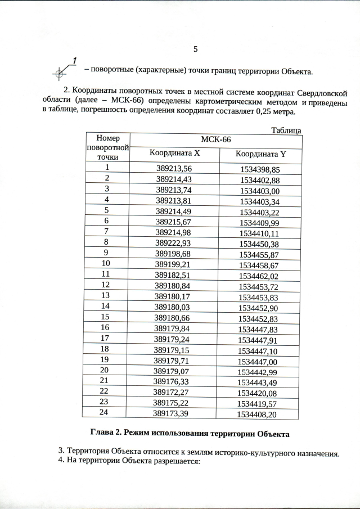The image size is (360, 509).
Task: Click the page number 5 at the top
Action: (195, 49)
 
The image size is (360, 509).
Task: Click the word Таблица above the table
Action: (286, 130)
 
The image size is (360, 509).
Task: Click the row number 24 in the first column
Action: (104, 413)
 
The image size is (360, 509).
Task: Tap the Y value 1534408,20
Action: (257, 415)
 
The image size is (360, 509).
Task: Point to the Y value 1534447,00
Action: (258, 361)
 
